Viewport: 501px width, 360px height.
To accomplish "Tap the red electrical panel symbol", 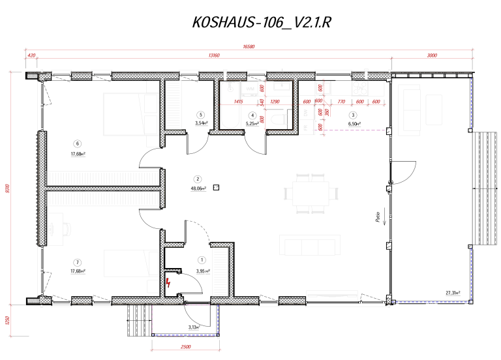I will point(170,282).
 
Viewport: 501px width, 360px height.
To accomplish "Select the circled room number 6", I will point(78,144).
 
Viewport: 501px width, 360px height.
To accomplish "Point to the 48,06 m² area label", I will point(198,188).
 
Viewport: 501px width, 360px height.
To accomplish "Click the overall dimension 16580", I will point(248,47).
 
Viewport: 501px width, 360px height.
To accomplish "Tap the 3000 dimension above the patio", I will point(432,56).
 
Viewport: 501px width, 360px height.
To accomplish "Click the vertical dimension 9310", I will point(8,189).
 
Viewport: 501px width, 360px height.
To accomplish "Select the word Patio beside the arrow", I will point(378,218).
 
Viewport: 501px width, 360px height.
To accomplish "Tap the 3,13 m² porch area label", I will point(194,327).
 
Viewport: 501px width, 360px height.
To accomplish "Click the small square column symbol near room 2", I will point(217,188).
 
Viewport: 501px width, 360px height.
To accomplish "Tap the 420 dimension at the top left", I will point(31,56).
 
